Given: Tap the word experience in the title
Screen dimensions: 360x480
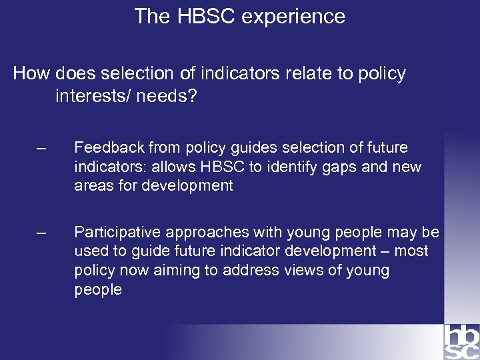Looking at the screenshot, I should tap(293, 16).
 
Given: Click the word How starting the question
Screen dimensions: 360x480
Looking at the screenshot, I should tap(32, 73).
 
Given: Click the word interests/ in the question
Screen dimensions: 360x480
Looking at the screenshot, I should tap(93, 97).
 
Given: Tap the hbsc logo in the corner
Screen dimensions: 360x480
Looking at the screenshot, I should tap(461, 341).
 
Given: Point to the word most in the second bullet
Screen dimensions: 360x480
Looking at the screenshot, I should tap(412, 251).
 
